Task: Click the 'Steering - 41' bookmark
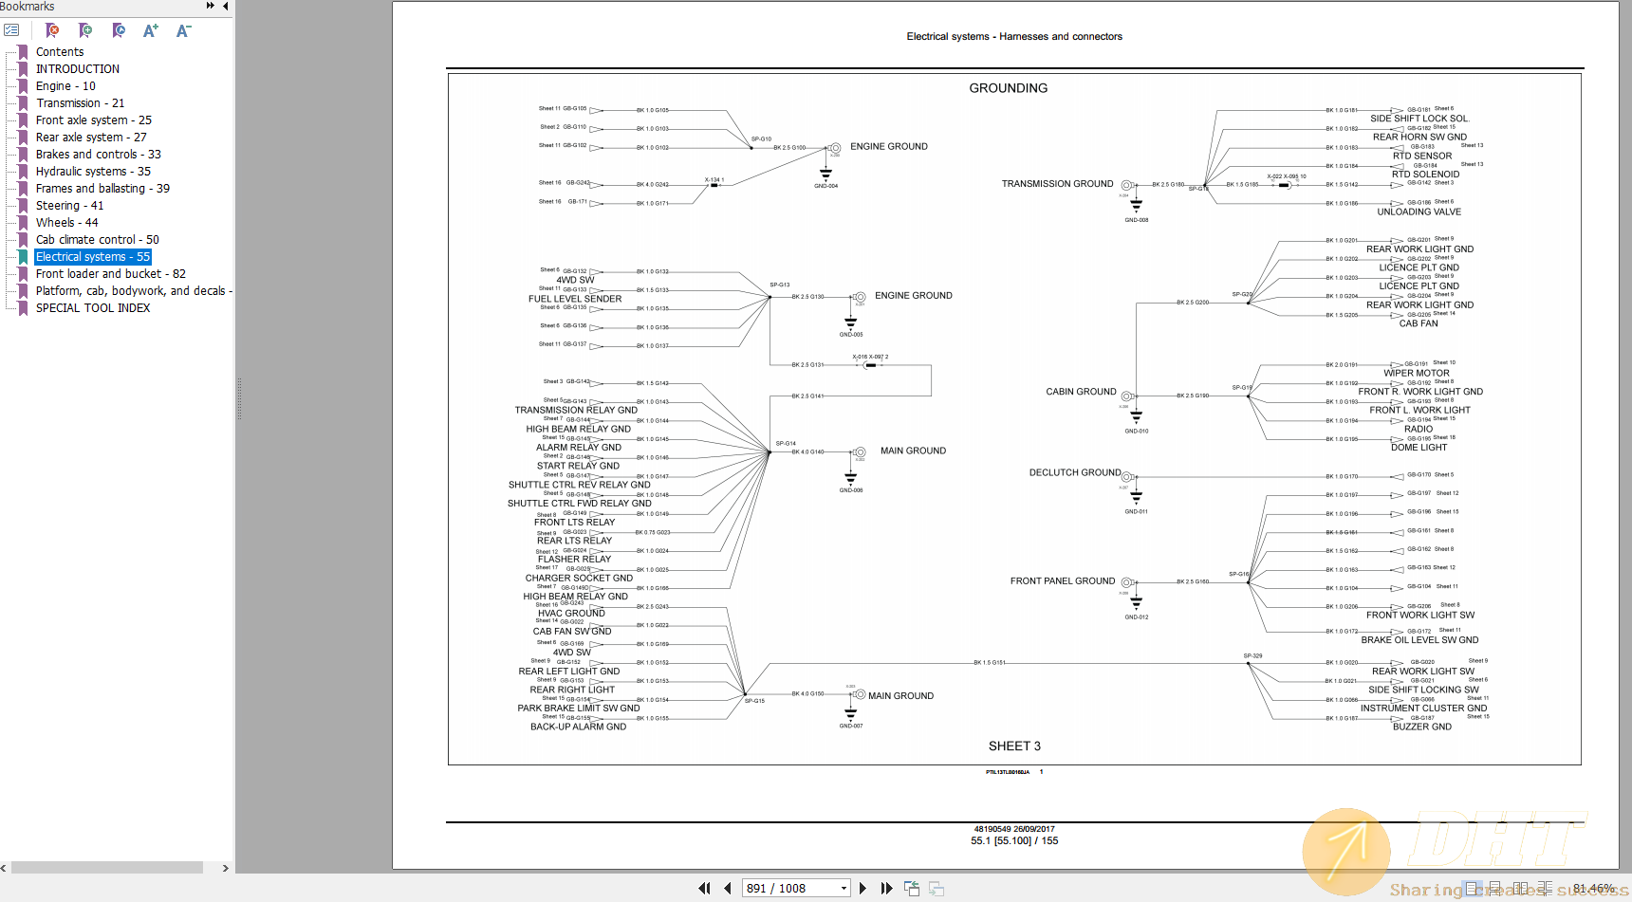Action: [69, 206]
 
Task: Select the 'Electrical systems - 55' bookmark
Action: [92, 257]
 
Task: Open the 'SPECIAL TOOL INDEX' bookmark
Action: [92, 308]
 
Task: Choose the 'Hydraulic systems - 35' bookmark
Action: [92, 172]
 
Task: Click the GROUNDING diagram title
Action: [1008, 88]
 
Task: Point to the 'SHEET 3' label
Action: [1014, 746]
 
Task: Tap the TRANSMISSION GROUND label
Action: [1057, 184]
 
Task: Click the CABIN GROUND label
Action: [1081, 392]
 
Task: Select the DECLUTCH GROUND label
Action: [1074, 472]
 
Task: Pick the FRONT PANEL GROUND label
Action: [1062, 581]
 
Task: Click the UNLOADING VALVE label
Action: [1419, 212]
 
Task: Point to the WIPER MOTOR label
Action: [1416, 374]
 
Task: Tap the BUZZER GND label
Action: [1421, 727]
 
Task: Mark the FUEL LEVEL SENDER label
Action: [575, 299]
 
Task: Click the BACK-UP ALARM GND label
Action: [578, 727]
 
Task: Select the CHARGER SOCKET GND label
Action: [579, 579]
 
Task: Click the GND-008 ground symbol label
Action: [1136, 220]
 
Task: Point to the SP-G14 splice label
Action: [785, 443]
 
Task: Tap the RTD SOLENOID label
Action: [1425, 175]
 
